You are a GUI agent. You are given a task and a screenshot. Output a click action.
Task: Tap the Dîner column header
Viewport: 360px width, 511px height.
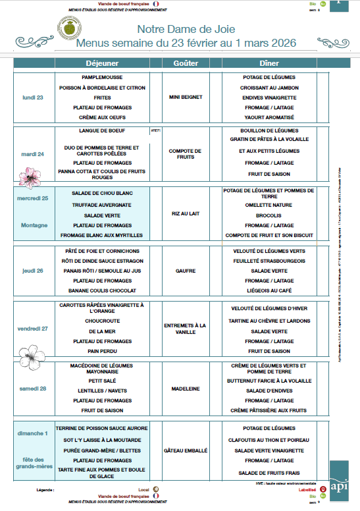[x=269, y=63]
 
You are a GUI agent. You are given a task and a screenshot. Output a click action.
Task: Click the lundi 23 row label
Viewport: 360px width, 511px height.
[x=33, y=97]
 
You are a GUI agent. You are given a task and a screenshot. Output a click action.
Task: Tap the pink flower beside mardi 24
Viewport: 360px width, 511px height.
[x=28, y=176]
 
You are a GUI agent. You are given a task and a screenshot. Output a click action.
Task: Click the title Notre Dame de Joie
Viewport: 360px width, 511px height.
[x=186, y=30]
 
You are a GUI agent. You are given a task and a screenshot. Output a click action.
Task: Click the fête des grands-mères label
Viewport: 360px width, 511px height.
[x=33, y=463]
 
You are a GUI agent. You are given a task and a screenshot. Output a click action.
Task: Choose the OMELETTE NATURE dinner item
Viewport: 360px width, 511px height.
[x=269, y=205]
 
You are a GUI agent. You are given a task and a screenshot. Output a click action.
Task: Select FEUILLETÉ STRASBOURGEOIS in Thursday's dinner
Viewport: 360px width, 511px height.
[x=269, y=261]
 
